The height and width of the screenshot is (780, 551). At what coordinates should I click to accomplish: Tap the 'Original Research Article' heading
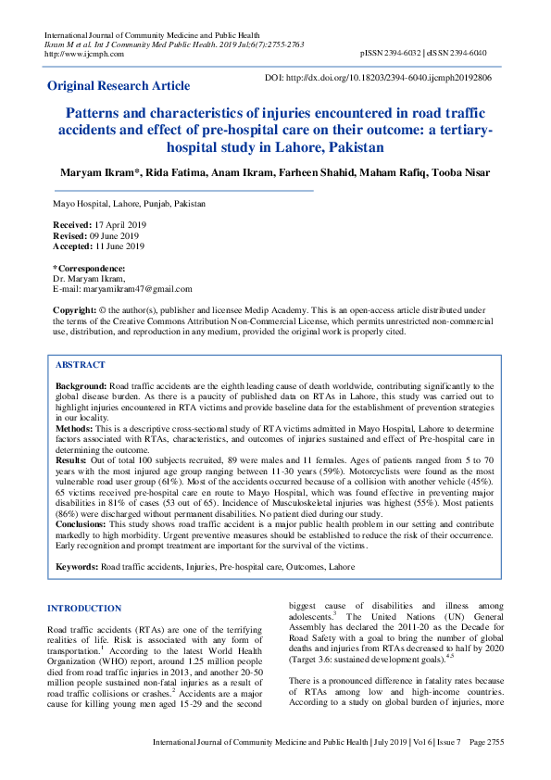[x=119, y=86]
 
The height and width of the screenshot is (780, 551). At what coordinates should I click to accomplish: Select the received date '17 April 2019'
[x=119, y=225]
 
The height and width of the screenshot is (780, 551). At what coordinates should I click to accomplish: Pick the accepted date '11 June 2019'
[x=119, y=246]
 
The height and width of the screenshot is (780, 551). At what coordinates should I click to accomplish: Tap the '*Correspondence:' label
[x=89, y=269]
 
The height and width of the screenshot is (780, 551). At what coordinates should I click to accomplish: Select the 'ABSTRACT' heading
[x=80, y=366]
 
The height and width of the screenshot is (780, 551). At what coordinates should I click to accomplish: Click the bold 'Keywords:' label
[x=77, y=565]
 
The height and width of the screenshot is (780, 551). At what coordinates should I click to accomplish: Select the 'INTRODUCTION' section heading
[x=84, y=609]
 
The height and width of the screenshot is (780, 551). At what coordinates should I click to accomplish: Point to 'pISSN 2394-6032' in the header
[x=393, y=54]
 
